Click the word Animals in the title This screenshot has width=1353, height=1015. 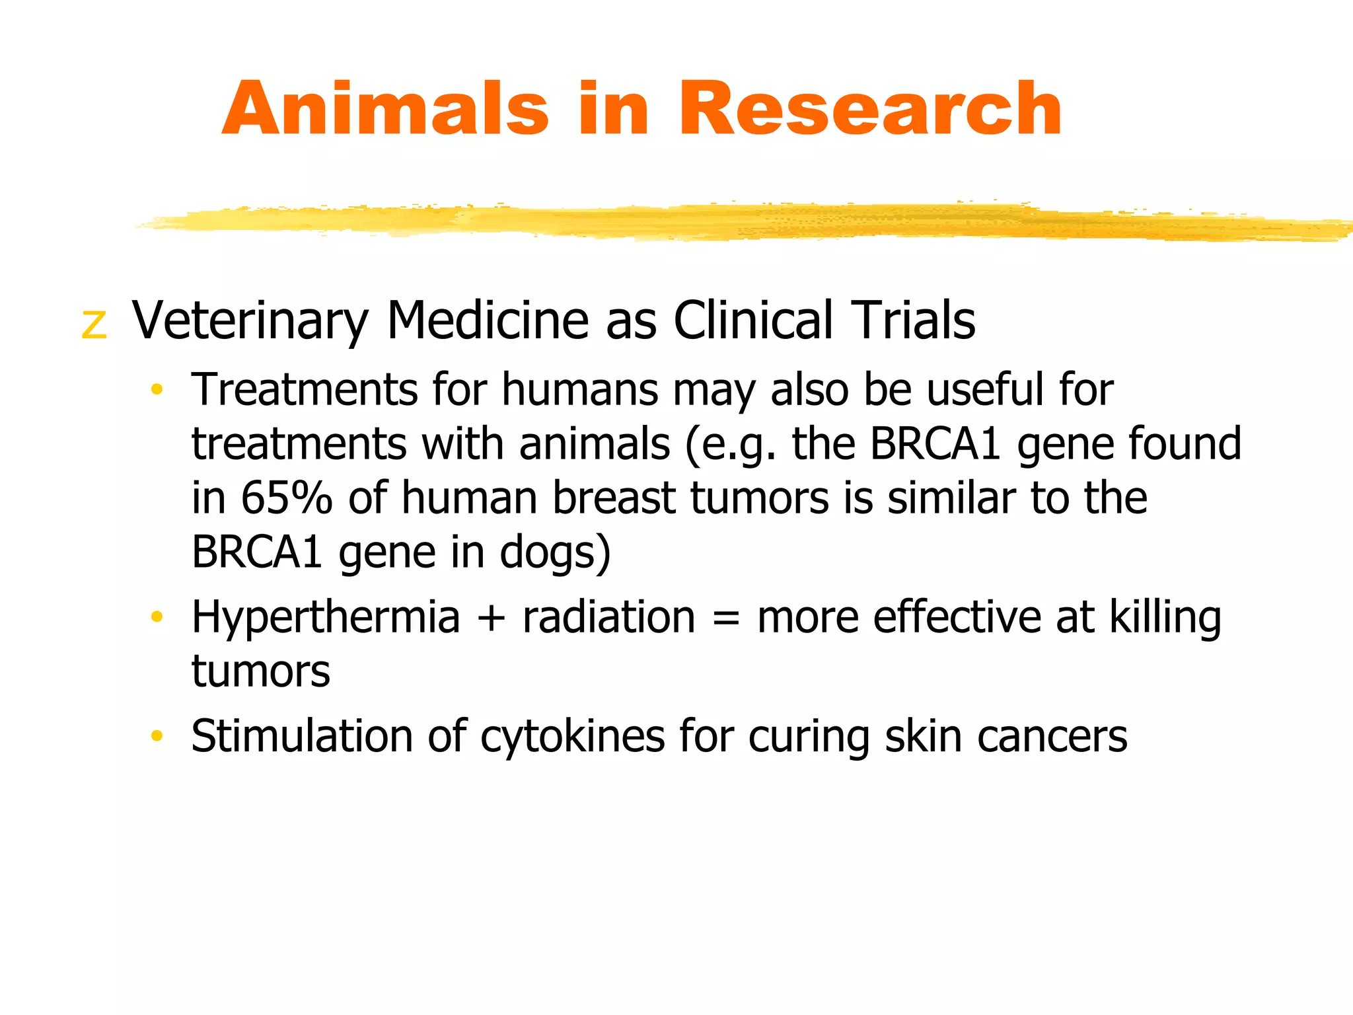coord(385,109)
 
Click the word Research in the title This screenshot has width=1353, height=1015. coord(870,109)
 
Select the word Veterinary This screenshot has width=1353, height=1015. coord(250,321)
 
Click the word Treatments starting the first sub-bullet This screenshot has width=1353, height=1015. coord(305,389)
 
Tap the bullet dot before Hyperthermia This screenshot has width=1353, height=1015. coord(157,617)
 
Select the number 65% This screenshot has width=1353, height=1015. coord(286,498)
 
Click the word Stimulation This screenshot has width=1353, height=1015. coord(302,736)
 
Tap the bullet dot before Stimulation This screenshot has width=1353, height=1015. coord(157,735)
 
